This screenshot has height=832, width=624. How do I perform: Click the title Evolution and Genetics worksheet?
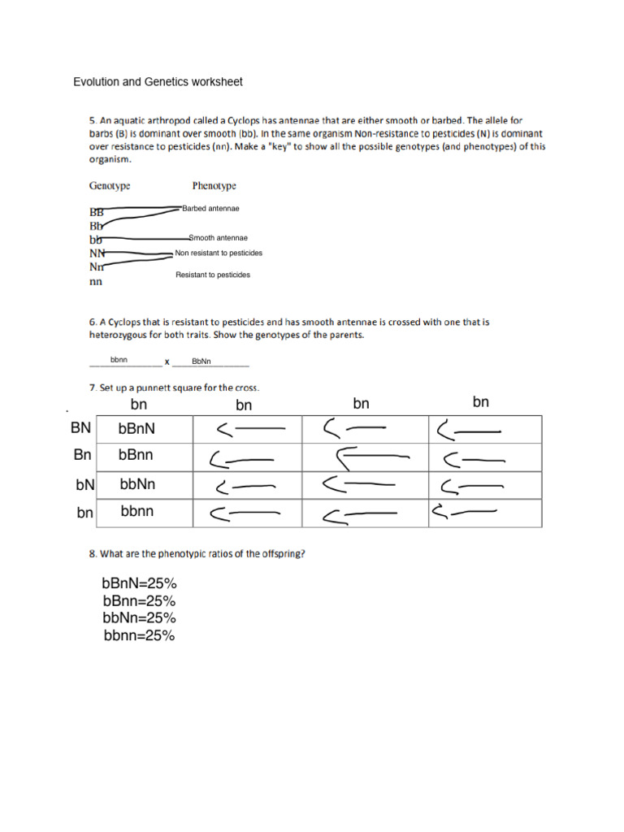[158, 82]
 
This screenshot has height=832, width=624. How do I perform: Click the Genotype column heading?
[110, 186]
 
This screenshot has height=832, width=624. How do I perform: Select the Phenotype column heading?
[214, 186]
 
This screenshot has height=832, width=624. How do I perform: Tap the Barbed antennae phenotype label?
[210, 209]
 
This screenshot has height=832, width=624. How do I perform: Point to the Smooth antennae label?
[218, 238]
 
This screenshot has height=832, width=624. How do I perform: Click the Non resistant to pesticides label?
[219, 253]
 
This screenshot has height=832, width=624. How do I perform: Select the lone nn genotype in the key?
[96, 283]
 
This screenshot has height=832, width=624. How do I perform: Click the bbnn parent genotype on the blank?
[119, 359]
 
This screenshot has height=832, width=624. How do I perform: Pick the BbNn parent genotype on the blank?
[201, 361]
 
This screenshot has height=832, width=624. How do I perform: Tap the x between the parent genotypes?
[167, 361]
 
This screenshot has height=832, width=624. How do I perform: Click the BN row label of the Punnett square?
[80, 428]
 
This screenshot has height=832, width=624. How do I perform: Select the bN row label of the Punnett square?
[85, 485]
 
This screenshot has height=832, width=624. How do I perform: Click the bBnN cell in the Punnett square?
[137, 429]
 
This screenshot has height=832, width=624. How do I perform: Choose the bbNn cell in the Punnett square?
[137, 484]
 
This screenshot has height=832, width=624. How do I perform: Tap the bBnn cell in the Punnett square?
[136, 456]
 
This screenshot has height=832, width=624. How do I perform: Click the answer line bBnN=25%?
[140, 583]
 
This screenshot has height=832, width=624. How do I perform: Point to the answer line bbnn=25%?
[139, 636]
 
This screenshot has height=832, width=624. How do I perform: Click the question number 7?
[93, 388]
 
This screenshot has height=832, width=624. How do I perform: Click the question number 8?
[93, 554]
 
